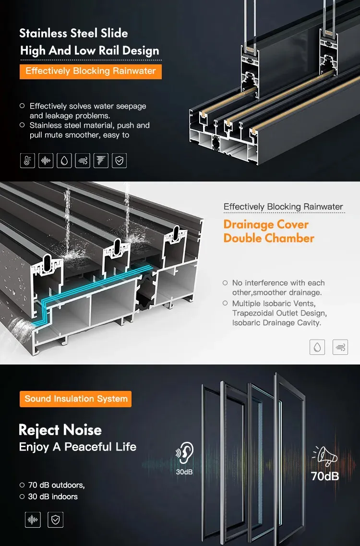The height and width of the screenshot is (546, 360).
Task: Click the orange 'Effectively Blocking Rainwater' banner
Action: coord(91,72)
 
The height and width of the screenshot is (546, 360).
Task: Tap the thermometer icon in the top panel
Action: coord(27,160)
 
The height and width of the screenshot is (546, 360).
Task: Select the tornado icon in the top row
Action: coord(101,160)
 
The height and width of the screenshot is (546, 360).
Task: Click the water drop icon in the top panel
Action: coord(64,160)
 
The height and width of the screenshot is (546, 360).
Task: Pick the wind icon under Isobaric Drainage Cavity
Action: coord(340,347)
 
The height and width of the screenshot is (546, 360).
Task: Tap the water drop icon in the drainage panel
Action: coord(317,347)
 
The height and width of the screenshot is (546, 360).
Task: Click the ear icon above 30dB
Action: coord(184,452)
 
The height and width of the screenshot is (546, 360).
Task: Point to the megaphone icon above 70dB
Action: coord(325,456)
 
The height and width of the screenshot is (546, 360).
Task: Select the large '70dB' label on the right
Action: coord(325,476)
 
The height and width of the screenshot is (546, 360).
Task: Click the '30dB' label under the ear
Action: coord(184,472)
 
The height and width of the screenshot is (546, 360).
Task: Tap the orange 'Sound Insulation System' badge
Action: coord(75,399)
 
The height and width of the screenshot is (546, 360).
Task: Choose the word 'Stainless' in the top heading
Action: coord(43,33)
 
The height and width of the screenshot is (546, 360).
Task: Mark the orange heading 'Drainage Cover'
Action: coord(266,225)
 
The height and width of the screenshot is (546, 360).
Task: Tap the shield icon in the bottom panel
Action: coord(55,520)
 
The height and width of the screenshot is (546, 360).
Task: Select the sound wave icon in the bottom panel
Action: coord(33,520)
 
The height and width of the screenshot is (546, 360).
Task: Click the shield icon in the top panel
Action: coord(120,160)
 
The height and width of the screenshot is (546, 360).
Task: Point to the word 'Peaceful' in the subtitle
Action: coord(88,447)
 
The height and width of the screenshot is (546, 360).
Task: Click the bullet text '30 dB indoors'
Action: coord(53,497)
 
